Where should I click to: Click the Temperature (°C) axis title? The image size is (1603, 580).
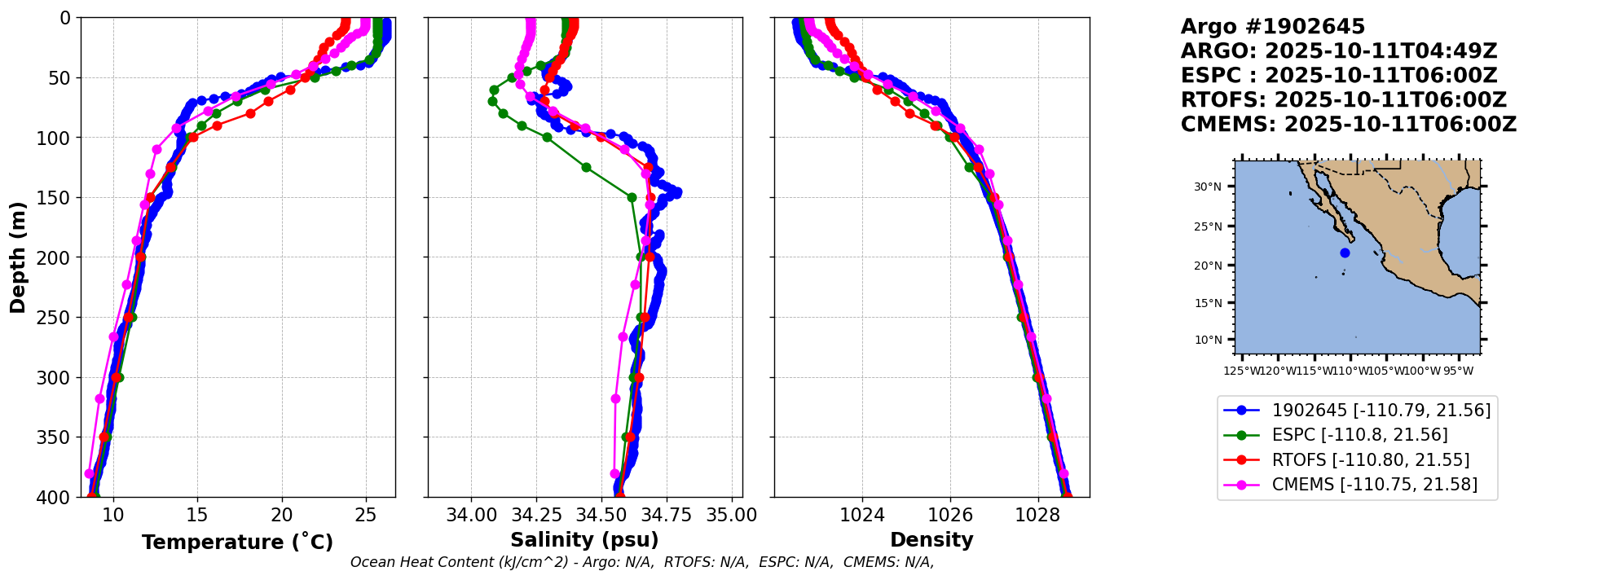pyautogui.click(x=237, y=542)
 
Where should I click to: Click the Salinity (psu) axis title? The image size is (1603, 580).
pyautogui.click(x=584, y=540)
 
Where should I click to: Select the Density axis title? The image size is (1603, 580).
pyautogui.click(x=931, y=540)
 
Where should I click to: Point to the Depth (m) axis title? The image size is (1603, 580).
pyautogui.click(x=18, y=257)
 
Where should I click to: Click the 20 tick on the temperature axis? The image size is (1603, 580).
pyautogui.click(x=282, y=515)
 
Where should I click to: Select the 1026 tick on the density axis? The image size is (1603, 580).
pyautogui.click(x=950, y=515)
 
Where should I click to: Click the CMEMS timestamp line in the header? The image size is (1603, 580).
pyautogui.click(x=1349, y=125)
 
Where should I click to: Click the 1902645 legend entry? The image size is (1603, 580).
pyautogui.click(x=1357, y=410)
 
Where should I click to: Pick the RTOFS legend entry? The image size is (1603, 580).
pyautogui.click(x=1357, y=460)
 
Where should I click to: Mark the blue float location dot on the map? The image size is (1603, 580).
pyautogui.click(x=1345, y=253)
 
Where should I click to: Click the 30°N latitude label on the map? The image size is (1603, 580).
pyautogui.click(x=1208, y=187)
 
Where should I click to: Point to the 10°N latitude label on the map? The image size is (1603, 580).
pyautogui.click(x=1208, y=340)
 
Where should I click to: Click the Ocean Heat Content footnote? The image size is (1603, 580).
pyautogui.click(x=642, y=562)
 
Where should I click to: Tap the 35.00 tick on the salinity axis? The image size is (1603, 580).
pyautogui.click(x=732, y=515)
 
